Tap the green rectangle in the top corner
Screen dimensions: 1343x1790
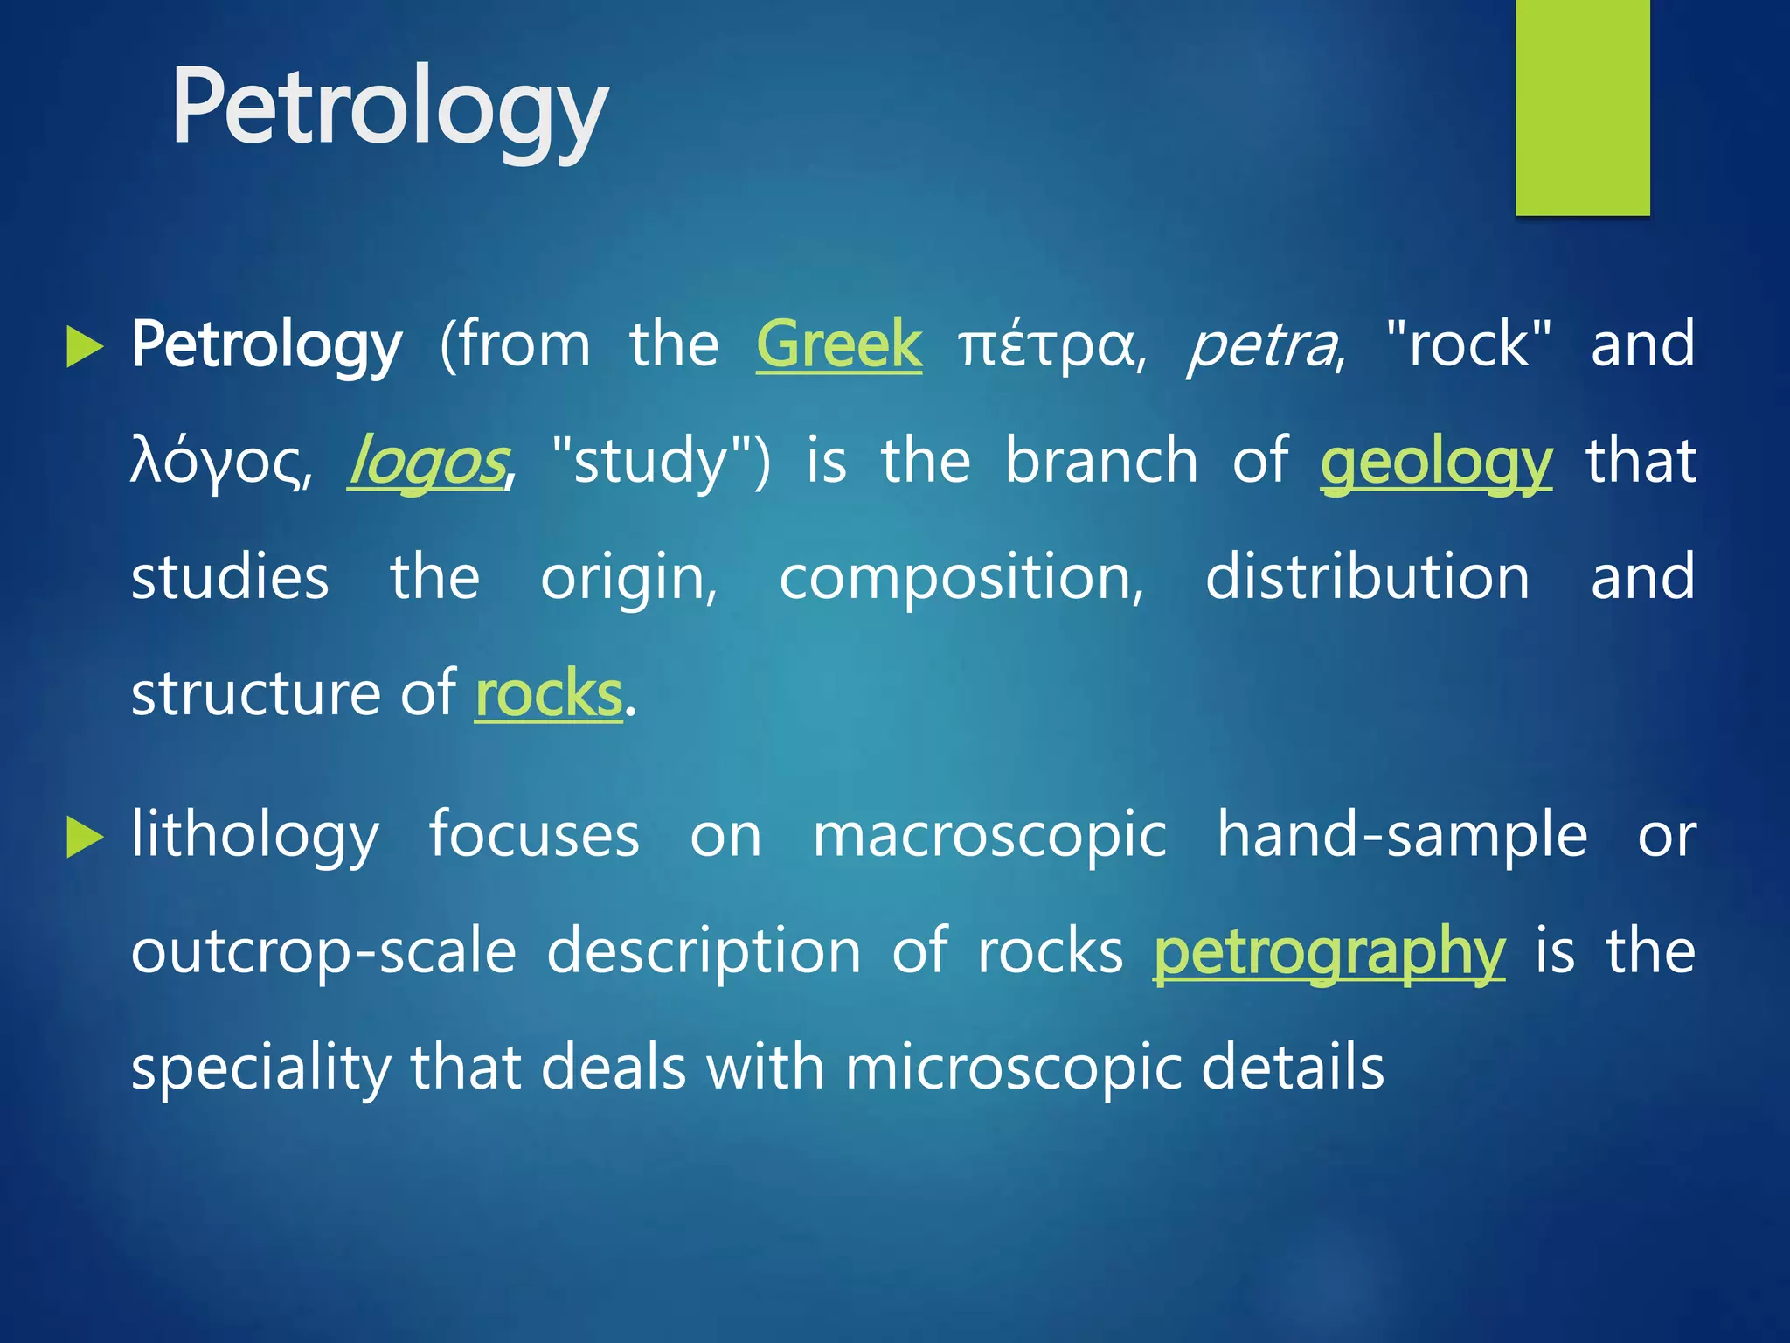(x=1582, y=107)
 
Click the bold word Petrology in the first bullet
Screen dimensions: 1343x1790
(x=267, y=344)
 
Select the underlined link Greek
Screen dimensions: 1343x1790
(x=838, y=344)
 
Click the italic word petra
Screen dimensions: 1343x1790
(x=1264, y=346)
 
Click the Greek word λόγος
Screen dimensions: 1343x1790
(x=219, y=463)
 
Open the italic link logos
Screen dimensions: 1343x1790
(x=427, y=463)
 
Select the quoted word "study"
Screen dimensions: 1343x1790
(x=661, y=461)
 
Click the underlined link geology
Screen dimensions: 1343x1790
(x=1435, y=463)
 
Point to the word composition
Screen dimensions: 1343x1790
(x=961, y=578)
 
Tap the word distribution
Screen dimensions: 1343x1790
(x=1367, y=577)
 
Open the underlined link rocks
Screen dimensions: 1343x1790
(x=548, y=693)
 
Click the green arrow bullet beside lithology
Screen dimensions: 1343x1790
(x=84, y=838)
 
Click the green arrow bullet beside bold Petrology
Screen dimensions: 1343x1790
(x=84, y=347)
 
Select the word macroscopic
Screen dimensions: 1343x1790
(x=989, y=836)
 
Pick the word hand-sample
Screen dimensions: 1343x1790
(x=1402, y=834)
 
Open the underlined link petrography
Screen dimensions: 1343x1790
(x=1329, y=952)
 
